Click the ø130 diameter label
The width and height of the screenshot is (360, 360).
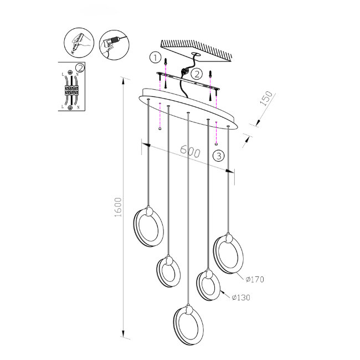pos(241,297)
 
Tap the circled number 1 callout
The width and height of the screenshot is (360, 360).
pos(156,57)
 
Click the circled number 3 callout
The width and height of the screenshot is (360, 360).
pos(219,156)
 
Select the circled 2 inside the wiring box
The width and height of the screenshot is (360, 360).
pos(81,68)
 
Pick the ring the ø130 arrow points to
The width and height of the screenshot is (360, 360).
pos(208,285)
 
